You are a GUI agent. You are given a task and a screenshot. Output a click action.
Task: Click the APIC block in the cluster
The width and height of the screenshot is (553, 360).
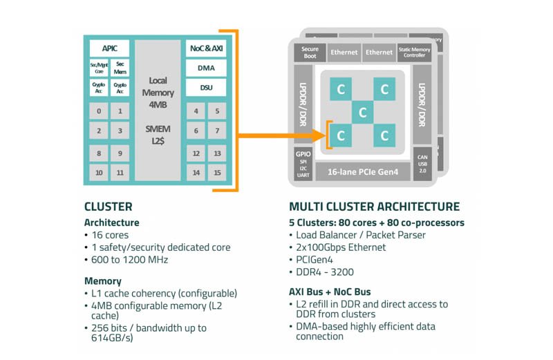[109, 49]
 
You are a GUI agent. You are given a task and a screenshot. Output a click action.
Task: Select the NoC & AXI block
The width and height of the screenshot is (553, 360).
[206, 49]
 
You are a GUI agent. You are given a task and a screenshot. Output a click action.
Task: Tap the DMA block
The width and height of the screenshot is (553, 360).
[206, 68]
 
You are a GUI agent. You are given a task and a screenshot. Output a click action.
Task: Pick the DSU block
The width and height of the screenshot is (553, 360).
[206, 88]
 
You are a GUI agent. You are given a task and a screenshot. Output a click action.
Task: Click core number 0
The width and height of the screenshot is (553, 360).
[100, 111]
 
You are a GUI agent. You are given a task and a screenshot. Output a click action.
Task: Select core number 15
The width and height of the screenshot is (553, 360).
[217, 172]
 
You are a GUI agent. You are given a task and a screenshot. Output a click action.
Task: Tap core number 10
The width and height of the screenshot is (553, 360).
[100, 172]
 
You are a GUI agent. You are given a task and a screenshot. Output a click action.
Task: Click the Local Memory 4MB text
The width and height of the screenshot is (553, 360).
[158, 91]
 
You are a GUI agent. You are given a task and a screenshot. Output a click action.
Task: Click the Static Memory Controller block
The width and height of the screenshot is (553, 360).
[415, 53]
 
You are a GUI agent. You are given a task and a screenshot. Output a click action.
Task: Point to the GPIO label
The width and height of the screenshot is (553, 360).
[303, 155]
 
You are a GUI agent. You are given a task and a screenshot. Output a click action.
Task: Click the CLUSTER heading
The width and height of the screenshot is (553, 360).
[108, 207]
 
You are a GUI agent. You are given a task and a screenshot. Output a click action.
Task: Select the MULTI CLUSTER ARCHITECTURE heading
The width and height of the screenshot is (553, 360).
[374, 207]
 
